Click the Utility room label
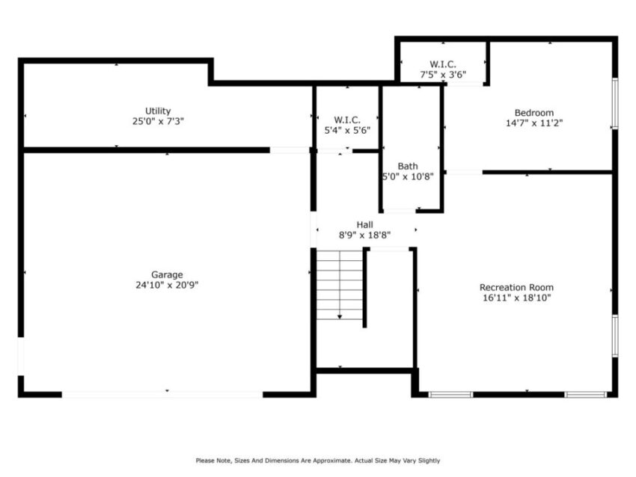[x=158, y=111]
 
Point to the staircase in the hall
[x=340, y=284]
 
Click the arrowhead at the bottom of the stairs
[x=340, y=317]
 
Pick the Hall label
[x=364, y=224]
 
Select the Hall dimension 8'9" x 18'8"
[x=364, y=235]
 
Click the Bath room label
[x=408, y=166]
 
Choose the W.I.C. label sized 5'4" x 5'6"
[x=347, y=120]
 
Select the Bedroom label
[x=533, y=113]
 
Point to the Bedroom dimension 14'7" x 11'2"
[x=533, y=124]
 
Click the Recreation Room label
[x=516, y=287]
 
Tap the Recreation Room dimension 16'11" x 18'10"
[x=516, y=298]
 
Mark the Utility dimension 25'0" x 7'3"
[x=158, y=121]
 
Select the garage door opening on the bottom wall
[x=162, y=393]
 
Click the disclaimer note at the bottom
[x=318, y=461]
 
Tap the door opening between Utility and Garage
[x=290, y=150]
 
